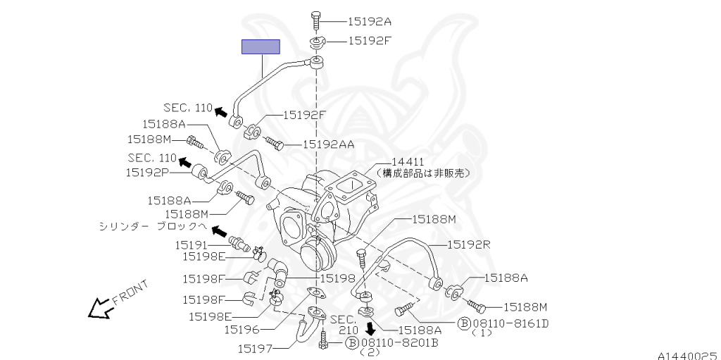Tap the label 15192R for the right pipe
pos(469,244)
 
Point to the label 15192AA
pos(328,144)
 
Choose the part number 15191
pos(192,245)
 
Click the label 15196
pos(242,329)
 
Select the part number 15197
pos(254,348)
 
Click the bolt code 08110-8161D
pos(510,323)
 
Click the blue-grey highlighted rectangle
pos(261,47)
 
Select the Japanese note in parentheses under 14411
pos(422,173)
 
